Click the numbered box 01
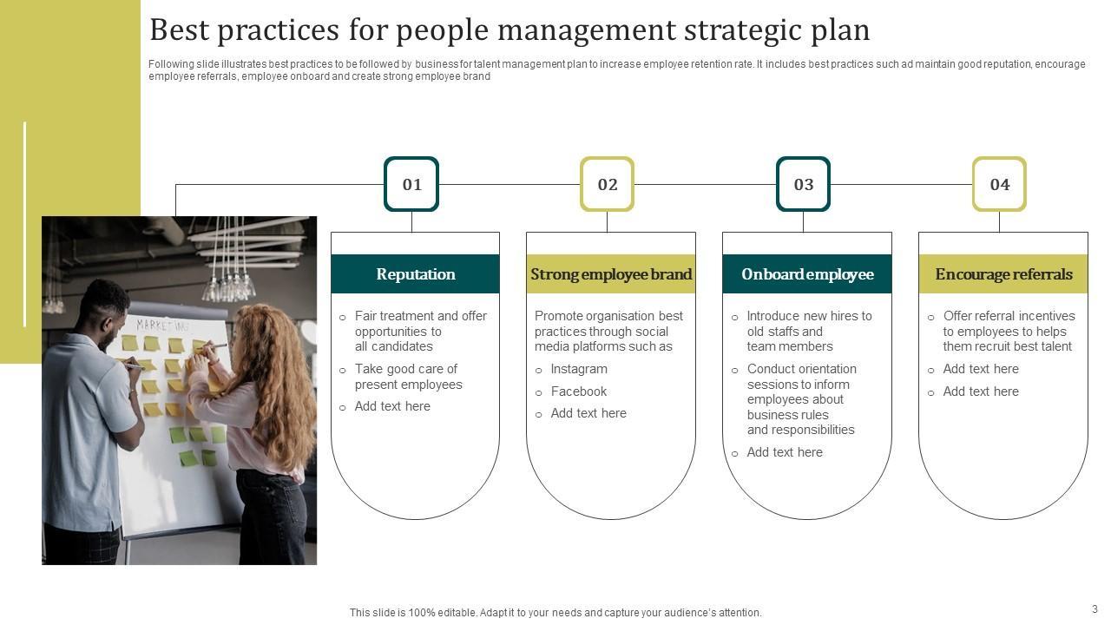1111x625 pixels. click(x=411, y=184)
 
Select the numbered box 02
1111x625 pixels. click(x=608, y=184)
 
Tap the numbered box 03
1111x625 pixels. click(x=804, y=184)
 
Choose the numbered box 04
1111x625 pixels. click(x=1000, y=184)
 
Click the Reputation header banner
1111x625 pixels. click(x=415, y=274)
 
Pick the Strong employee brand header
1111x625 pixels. click(x=611, y=274)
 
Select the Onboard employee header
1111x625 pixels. click(x=807, y=274)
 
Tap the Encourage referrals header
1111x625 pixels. click(x=1003, y=274)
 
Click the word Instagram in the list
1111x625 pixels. click(x=579, y=369)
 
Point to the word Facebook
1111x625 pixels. click(x=579, y=391)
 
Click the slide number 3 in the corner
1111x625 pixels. click(x=1095, y=609)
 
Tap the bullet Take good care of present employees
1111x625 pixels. click(x=408, y=377)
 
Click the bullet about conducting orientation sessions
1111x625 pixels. click(x=801, y=399)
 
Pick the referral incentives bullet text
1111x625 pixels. click(x=1009, y=331)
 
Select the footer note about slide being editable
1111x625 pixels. click(x=555, y=613)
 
